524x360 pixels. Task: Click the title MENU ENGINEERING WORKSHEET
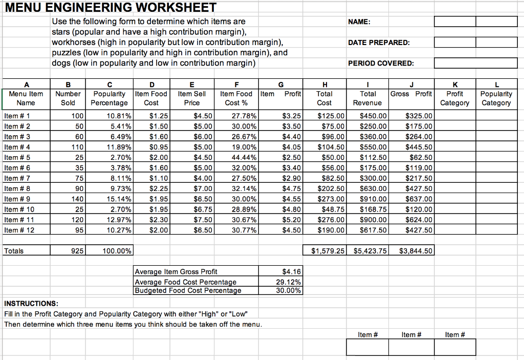coord(111,8)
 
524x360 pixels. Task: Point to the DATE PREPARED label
coord(379,43)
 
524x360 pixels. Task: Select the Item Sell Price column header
coord(192,98)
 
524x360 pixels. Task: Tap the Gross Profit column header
coord(411,94)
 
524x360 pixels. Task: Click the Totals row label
coord(14,251)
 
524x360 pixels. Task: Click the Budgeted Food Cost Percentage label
coord(188,290)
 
